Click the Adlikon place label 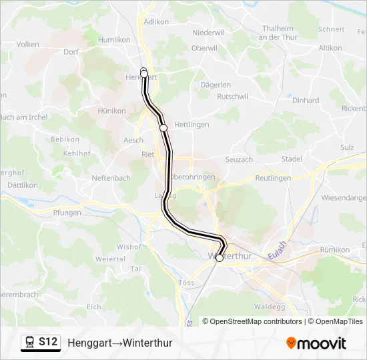[x=155, y=21]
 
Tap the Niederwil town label [x=208, y=32]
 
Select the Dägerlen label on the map [x=216, y=85]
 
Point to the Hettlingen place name [x=192, y=125]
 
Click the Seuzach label [x=238, y=159]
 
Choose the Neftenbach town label [x=111, y=178]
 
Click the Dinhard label [x=306, y=101]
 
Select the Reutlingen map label [x=273, y=178]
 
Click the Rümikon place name [x=335, y=249]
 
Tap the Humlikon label [x=114, y=40]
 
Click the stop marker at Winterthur [x=220, y=258]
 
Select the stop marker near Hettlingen [x=163, y=127]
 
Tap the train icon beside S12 [x=29, y=343]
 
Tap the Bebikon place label [x=65, y=139]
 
